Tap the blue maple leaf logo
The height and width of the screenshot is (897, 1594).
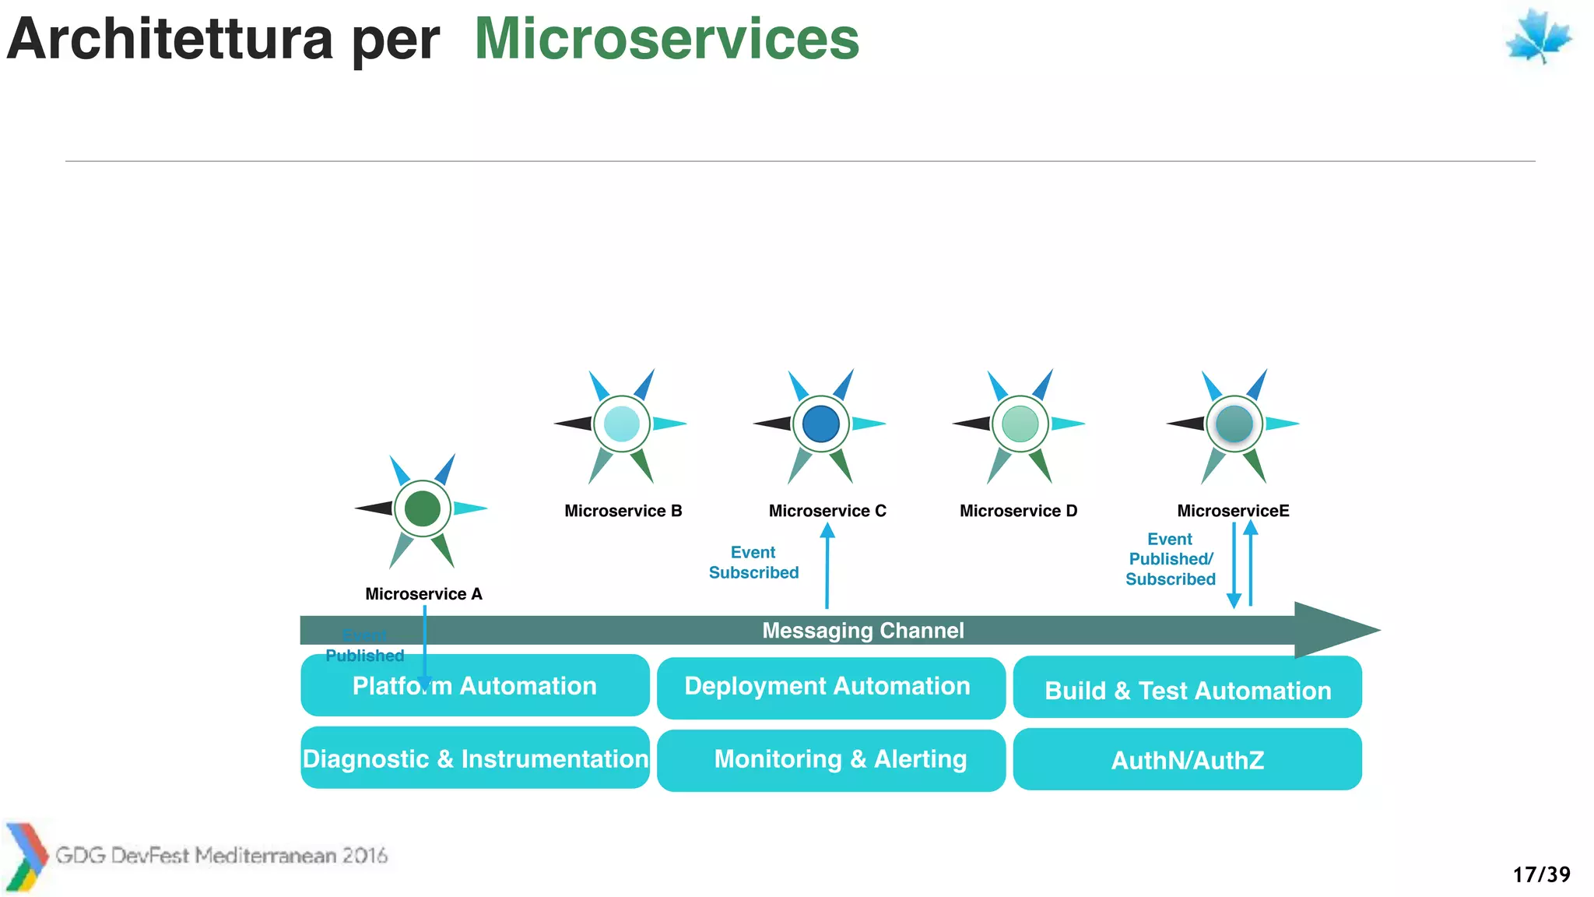coord(1538,37)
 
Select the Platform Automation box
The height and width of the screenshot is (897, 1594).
coord(475,685)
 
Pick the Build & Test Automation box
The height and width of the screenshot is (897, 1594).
coord(1187,689)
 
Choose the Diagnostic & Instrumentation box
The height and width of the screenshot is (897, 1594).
coord(475,758)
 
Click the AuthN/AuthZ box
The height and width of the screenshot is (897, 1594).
coord(1187,760)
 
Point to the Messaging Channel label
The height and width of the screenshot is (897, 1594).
coord(862,630)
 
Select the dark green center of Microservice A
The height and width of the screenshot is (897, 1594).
coord(423,508)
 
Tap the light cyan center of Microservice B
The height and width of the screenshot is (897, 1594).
coord(621,424)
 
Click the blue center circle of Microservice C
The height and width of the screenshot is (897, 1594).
coord(820,424)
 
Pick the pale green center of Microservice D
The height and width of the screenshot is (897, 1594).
coord(1020,424)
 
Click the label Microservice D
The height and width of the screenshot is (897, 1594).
coord(1018,511)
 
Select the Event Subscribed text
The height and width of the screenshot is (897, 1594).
coord(753,562)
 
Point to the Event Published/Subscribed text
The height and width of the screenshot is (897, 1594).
coord(1170,559)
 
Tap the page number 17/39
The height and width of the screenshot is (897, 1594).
coord(1541,874)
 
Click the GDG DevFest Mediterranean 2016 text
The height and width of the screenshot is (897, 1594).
coord(221,856)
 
